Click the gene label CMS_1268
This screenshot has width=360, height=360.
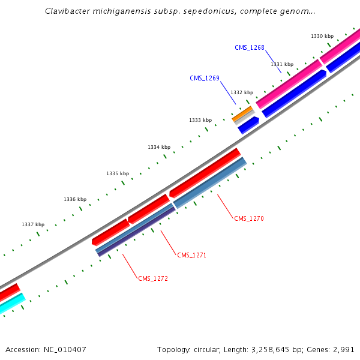pos(250,47)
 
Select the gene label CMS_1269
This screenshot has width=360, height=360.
pos(205,78)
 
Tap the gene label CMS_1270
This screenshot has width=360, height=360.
pos(249,218)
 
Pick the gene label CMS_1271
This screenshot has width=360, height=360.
pos(191,255)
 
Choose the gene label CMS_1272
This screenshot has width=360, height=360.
pos(153,278)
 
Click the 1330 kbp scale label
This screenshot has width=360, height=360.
pos(322,36)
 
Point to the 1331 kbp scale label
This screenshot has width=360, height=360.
pos(282,64)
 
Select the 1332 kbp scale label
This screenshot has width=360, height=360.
pos(242,92)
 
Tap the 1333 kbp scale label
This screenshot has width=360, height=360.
pos(200,120)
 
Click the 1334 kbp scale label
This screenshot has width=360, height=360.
pos(159,147)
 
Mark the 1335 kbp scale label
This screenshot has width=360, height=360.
pos(118,173)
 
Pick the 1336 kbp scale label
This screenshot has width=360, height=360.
pos(75,199)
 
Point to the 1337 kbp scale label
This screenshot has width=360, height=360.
pos(33,224)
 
